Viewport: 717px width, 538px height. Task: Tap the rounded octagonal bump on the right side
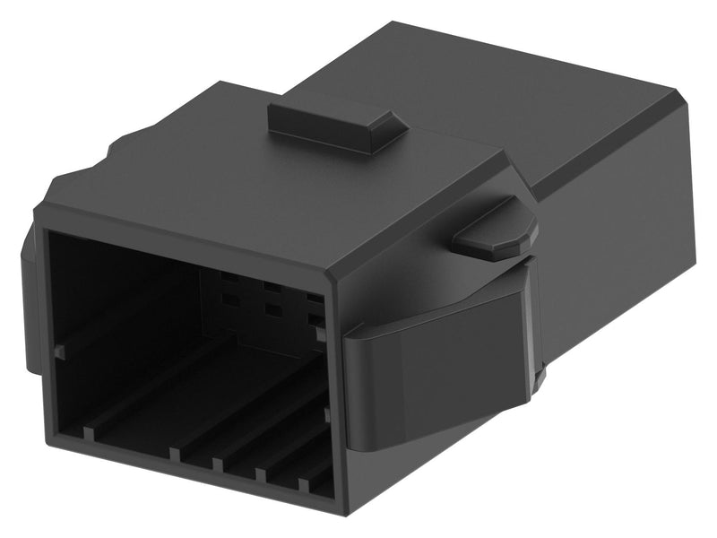coord(495,231)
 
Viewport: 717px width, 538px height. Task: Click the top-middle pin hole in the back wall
coord(268,289)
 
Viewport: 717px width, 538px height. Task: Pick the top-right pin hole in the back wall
coord(313,297)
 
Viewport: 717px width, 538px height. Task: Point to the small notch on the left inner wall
coord(59,352)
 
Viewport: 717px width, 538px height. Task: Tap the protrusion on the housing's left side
coord(29,296)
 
